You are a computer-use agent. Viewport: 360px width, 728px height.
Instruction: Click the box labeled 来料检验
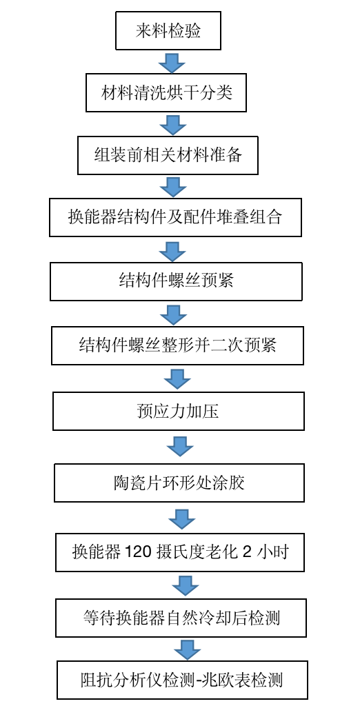[x=168, y=30]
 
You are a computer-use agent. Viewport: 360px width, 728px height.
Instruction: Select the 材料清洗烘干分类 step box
[x=166, y=92]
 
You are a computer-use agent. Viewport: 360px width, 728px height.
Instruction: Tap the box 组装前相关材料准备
[x=168, y=155]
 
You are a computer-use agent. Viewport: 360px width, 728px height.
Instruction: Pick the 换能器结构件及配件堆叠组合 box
[x=176, y=217]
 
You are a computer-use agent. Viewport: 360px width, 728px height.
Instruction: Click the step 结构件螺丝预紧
[x=176, y=281]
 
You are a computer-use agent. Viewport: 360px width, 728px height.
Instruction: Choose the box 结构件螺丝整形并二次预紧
[x=177, y=345]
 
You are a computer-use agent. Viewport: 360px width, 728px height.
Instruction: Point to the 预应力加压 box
[x=179, y=412]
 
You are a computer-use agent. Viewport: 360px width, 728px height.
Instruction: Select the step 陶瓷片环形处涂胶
[x=179, y=483]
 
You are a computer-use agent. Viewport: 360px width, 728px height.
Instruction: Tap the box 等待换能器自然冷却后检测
[x=181, y=618]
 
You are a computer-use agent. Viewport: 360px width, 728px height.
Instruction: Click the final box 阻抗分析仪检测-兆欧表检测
[x=183, y=680]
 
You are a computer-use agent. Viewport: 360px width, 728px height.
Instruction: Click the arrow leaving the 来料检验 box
[x=172, y=62]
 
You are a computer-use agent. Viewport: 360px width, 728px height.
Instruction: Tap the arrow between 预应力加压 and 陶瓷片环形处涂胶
[x=180, y=447]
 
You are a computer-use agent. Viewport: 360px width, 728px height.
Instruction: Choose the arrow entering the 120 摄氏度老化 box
[x=182, y=519]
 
